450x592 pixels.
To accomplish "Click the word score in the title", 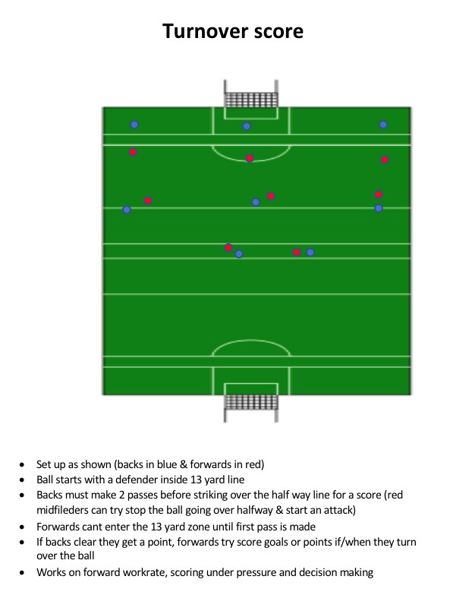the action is pyautogui.click(x=278, y=32).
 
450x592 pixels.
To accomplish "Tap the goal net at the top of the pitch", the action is pyautogui.click(x=250, y=100).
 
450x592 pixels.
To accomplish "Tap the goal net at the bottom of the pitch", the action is pyautogui.click(x=251, y=403).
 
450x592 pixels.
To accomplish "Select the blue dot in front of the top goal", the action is pyautogui.click(x=247, y=126).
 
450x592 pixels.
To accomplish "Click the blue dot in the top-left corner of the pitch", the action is pyautogui.click(x=134, y=125).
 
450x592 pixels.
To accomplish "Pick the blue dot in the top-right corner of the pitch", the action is pyautogui.click(x=383, y=125).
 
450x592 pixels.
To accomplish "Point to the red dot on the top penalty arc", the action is pyautogui.click(x=250, y=158).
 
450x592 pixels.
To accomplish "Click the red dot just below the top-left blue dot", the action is pyautogui.click(x=133, y=152).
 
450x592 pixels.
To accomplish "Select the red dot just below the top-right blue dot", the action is pyautogui.click(x=385, y=160).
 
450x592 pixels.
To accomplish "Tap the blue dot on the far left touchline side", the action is pyautogui.click(x=127, y=210).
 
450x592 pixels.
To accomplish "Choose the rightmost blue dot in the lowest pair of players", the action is pyautogui.click(x=310, y=252).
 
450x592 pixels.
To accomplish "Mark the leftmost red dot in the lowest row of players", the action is pyautogui.click(x=228, y=248).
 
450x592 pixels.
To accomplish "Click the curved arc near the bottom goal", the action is pyautogui.click(x=251, y=340).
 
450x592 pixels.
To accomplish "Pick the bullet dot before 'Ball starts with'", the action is pyautogui.click(x=22, y=480).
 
